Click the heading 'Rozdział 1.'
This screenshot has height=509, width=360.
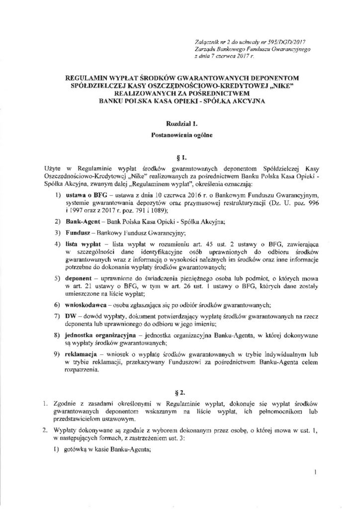click(x=180, y=122)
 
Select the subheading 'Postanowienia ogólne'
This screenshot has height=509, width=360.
click(x=180, y=134)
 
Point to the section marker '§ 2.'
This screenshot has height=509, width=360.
click(x=180, y=384)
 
